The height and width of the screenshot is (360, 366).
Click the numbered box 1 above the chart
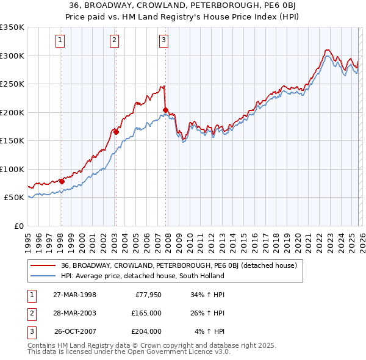61,41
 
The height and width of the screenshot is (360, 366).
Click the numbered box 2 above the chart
114,41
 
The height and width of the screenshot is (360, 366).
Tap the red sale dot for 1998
62,181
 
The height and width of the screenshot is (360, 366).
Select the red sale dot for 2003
116,132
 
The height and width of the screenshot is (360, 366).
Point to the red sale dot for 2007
165,110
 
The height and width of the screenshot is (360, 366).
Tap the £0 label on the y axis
18,226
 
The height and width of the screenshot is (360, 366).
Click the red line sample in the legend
43,265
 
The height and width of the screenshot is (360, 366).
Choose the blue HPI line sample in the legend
43,276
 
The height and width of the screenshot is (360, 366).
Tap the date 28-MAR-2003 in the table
74,314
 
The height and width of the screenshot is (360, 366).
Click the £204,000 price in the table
146,331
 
